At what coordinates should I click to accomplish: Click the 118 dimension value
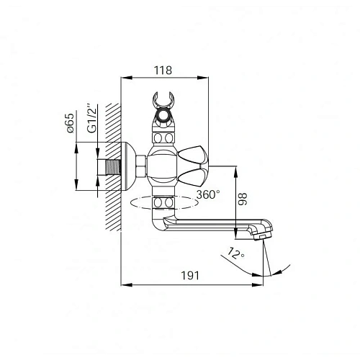pyautogui.click(x=163, y=71)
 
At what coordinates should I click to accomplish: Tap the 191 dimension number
pyautogui.click(x=190, y=276)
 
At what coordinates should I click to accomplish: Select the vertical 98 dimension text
pyautogui.click(x=243, y=199)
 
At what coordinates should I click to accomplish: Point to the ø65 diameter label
pyautogui.click(x=70, y=123)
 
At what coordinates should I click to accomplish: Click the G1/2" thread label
pyautogui.click(x=92, y=118)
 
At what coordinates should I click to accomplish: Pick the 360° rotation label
pyautogui.click(x=208, y=194)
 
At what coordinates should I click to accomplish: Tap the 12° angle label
pyautogui.click(x=235, y=253)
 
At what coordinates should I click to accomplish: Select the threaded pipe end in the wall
pyautogui.click(x=112, y=167)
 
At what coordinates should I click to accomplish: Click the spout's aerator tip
pyautogui.click(x=262, y=236)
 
